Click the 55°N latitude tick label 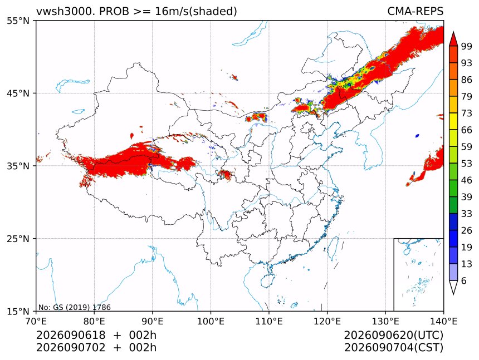pyautogui.click(x=18, y=21)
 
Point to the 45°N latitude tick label pyautogui.click(x=18, y=93)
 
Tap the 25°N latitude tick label pyautogui.click(x=18, y=239)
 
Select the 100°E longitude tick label pyautogui.click(x=211, y=321)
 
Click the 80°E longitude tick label pyautogui.click(x=94, y=321)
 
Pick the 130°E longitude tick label pyautogui.click(x=385, y=321)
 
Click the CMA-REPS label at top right pyautogui.click(x=415, y=11)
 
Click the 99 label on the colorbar pyautogui.click(x=467, y=46)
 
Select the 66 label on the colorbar pyautogui.click(x=467, y=130)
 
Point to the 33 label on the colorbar pyautogui.click(x=467, y=214)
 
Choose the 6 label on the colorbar pyautogui.click(x=464, y=280)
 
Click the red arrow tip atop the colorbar pyautogui.click(x=453, y=32)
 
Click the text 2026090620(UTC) pyautogui.click(x=393, y=336)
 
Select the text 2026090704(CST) pyautogui.click(x=393, y=348)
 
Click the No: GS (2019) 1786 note pyautogui.click(x=74, y=307)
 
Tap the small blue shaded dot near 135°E pyautogui.click(x=417, y=135)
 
